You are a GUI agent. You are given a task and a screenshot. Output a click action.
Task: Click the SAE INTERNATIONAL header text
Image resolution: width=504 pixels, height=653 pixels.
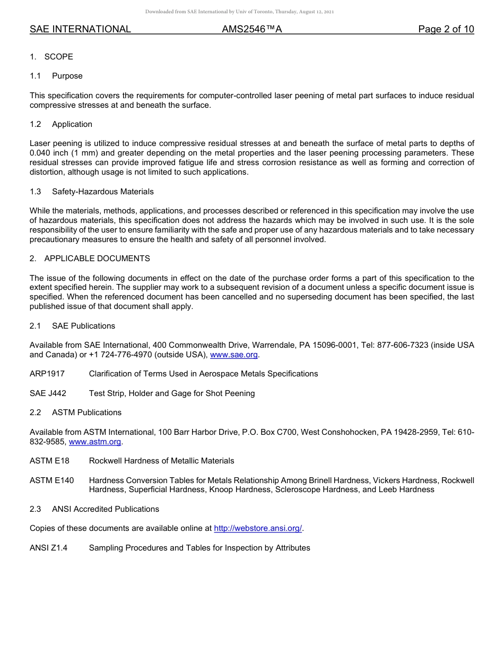pyautogui.click(x=80, y=29)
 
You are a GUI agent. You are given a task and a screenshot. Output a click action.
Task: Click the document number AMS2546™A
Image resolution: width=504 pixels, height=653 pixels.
pyautogui.click(x=251, y=29)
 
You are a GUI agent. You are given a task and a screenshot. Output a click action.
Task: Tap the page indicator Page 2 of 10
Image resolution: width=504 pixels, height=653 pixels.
pyautogui.click(x=446, y=29)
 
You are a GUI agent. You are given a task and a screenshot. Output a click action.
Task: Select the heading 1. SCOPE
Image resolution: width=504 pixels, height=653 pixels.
pyautogui.click(x=51, y=57)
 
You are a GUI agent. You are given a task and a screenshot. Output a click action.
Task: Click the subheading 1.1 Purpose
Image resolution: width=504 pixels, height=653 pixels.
pyautogui.click(x=56, y=76)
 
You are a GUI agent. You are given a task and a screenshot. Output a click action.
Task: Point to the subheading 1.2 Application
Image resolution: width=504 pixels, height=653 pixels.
pyautogui.click(x=61, y=124)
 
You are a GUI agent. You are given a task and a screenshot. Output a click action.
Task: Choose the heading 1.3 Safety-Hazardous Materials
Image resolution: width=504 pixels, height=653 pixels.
pyautogui.click(x=92, y=192)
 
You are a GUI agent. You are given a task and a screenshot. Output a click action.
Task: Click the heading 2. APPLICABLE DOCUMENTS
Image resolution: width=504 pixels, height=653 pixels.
pyautogui.click(x=90, y=259)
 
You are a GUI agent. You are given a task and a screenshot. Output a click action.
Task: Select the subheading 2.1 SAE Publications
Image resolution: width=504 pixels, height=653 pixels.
pyautogui.click(x=72, y=326)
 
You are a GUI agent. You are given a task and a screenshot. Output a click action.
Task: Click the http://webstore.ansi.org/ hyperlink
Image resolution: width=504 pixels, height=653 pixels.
pyautogui.click(x=257, y=528)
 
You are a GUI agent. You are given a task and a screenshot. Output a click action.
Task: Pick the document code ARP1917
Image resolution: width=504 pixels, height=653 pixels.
pyautogui.click(x=47, y=374)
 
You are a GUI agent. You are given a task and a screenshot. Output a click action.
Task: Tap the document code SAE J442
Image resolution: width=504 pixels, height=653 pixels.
pyautogui.click(x=48, y=393)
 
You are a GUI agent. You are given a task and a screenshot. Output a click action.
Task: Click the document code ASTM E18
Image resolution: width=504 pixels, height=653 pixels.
pyautogui.click(x=49, y=461)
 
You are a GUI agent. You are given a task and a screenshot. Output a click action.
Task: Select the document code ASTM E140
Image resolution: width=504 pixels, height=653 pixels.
pyautogui.click(x=52, y=480)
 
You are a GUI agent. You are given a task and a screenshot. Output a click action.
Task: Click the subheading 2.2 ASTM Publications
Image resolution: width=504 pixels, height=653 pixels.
pyautogui.click(x=75, y=413)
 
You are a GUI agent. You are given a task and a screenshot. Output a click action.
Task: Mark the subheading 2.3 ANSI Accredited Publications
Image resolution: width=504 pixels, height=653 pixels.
pyautogui.click(x=94, y=509)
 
